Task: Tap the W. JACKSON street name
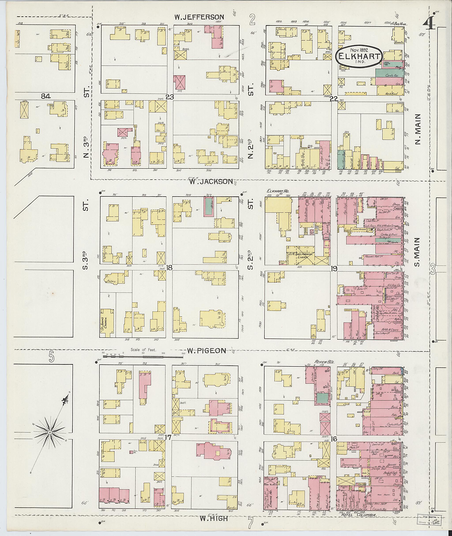211,182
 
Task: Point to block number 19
334,268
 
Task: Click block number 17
168,438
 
